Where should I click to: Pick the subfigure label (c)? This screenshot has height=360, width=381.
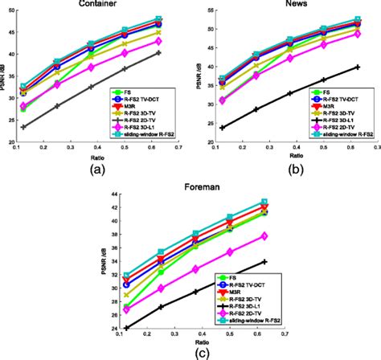(190, 350)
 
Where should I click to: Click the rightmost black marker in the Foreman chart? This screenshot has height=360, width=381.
(264, 261)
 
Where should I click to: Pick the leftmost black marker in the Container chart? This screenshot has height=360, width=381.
(24, 127)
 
